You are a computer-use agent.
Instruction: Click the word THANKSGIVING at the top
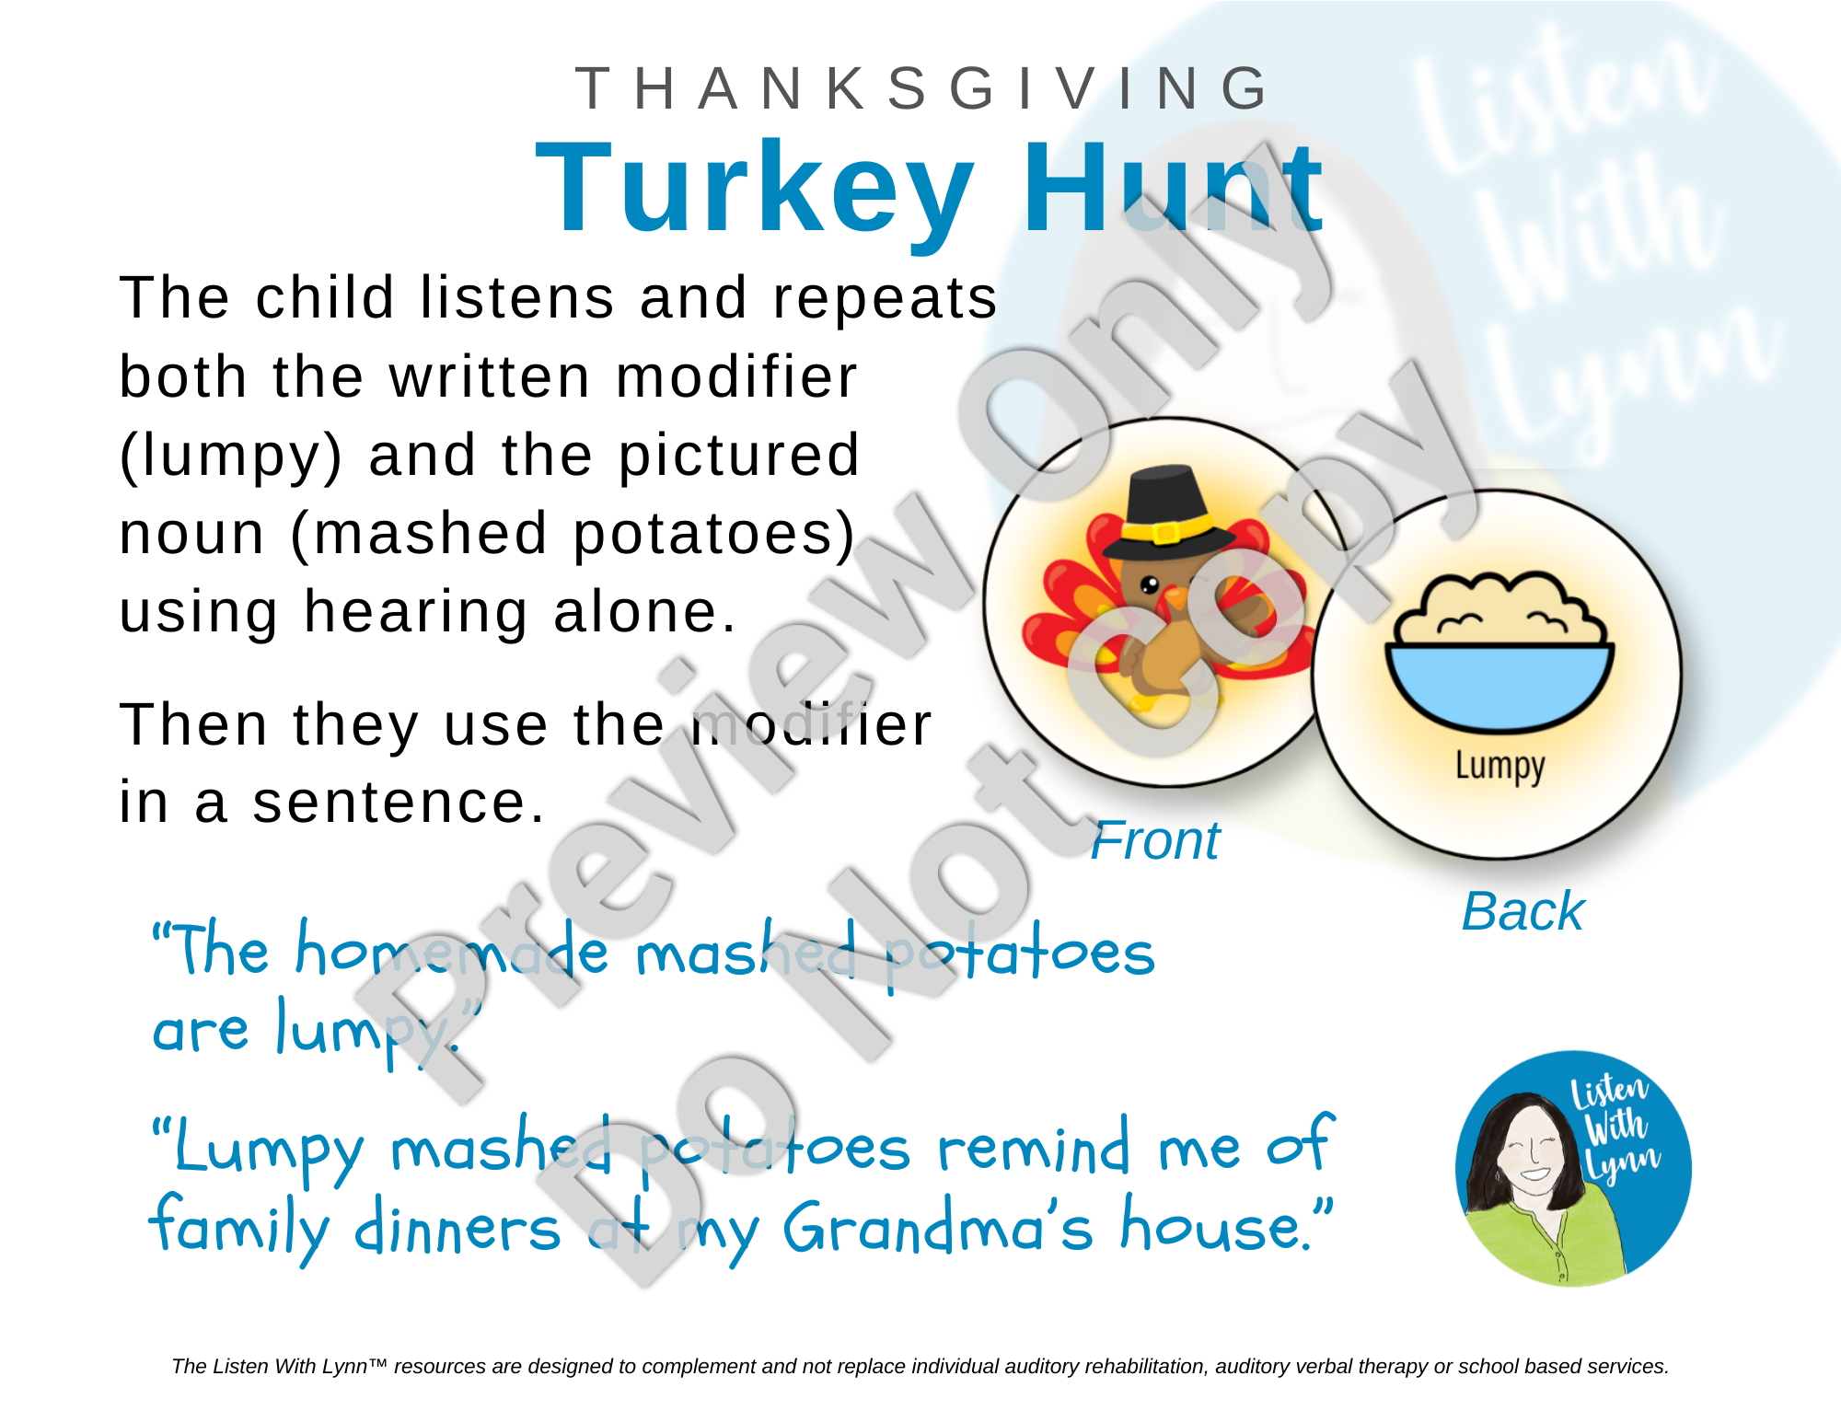point(923,89)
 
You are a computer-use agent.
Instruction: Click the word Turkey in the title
point(755,188)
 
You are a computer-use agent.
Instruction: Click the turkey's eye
point(1150,584)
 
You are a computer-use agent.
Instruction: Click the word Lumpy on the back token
point(1500,767)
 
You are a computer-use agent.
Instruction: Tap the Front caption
point(1155,841)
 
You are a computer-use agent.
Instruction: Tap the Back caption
point(1523,912)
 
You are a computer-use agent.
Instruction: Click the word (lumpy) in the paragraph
point(231,457)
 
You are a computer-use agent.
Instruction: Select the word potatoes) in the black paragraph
point(714,534)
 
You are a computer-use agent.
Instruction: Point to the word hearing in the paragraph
point(416,613)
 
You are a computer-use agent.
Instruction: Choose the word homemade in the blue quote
point(452,949)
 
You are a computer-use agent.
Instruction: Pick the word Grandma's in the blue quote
point(939,1228)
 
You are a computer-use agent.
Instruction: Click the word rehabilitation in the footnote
point(1140,1367)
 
